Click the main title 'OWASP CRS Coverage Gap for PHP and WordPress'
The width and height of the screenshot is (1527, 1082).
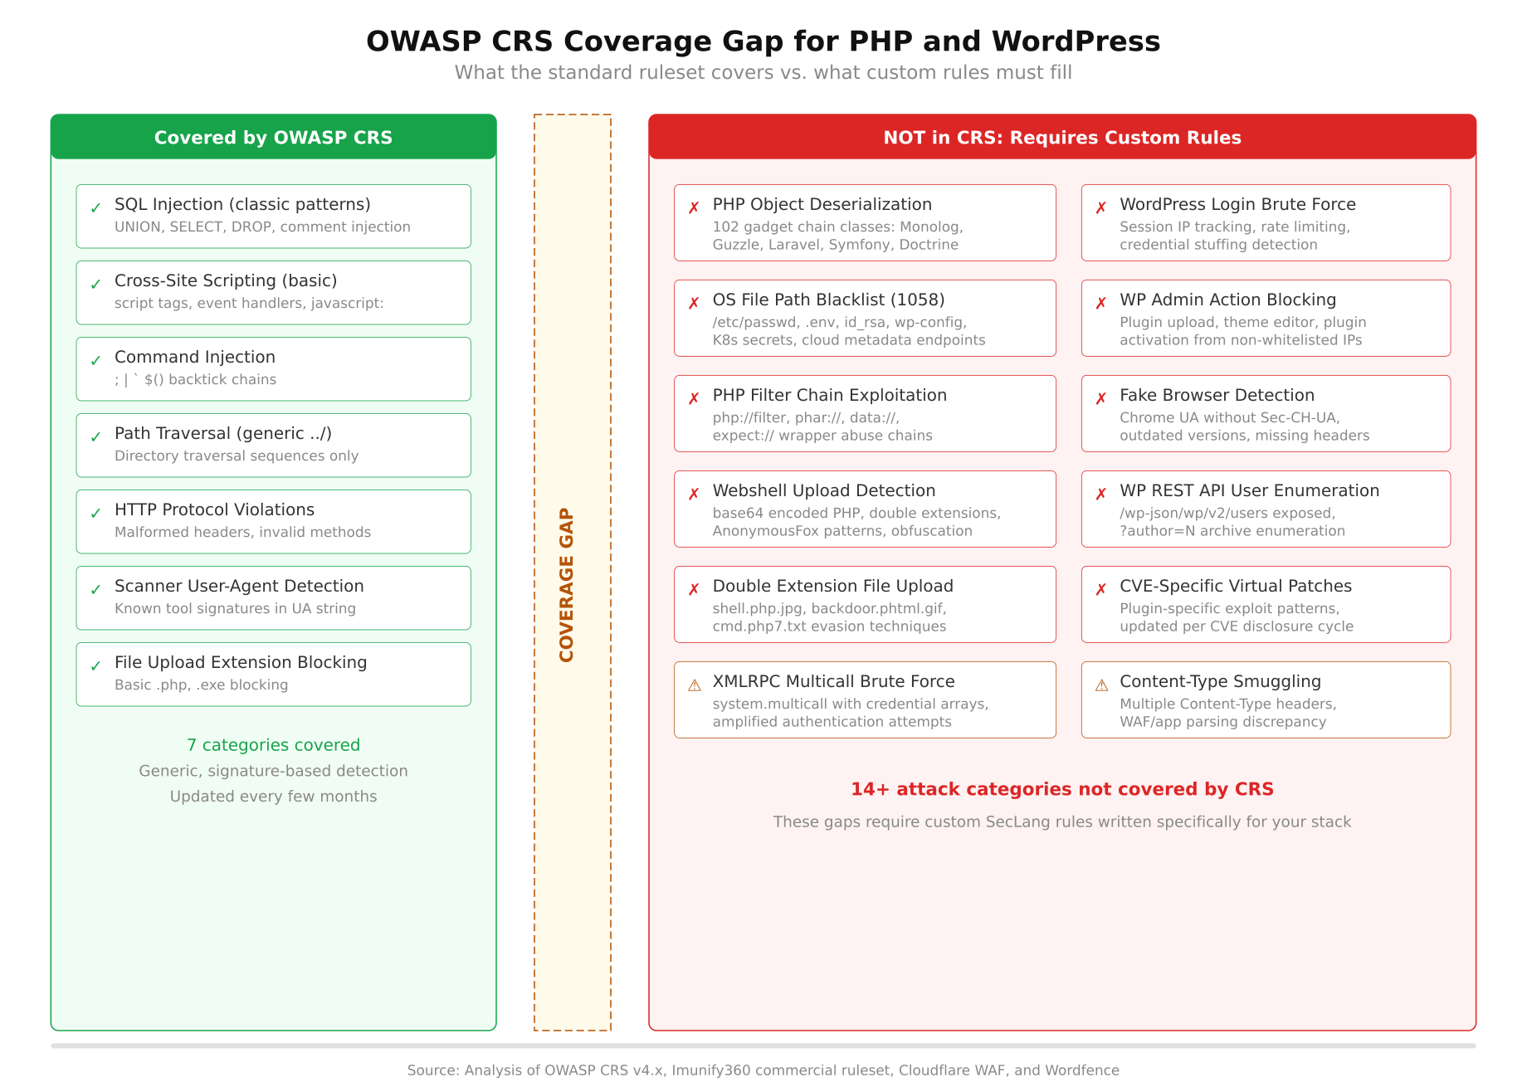tap(763, 41)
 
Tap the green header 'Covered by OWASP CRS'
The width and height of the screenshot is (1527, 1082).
tap(273, 138)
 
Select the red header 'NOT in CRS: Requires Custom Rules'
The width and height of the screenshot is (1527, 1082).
tap(1061, 138)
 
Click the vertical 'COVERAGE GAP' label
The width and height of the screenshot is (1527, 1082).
tap(567, 585)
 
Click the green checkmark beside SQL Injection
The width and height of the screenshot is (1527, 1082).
tap(96, 207)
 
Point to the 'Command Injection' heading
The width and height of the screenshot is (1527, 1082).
tap(195, 357)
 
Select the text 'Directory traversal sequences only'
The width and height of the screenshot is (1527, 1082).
tap(237, 456)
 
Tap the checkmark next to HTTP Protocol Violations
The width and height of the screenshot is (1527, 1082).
tap(96, 513)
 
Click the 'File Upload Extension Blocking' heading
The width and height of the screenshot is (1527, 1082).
tap(241, 662)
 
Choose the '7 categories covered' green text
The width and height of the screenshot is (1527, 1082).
tap(273, 745)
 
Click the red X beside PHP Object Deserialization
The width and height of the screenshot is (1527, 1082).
tap(694, 207)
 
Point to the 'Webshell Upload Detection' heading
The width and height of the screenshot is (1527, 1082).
tap(823, 490)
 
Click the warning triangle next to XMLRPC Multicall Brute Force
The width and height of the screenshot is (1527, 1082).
tap(695, 685)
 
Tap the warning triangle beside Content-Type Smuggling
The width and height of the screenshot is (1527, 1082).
tap(1101, 685)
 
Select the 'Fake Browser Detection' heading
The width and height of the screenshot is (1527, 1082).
tap(1217, 395)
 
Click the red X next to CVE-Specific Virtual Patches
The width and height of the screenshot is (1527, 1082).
tap(1101, 589)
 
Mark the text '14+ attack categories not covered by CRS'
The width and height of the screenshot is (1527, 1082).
tap(1061, 789)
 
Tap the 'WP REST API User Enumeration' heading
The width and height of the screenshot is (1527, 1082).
tap(1249, 490)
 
